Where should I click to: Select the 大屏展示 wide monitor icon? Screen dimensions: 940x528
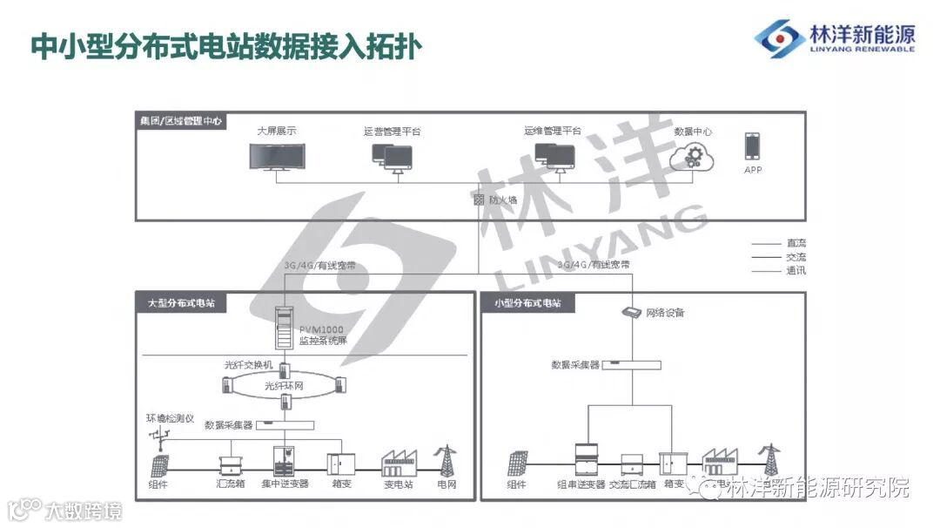278,157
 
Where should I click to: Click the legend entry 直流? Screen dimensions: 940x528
796,243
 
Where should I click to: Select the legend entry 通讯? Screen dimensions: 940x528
796,271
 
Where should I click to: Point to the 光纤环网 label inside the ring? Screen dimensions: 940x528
285,384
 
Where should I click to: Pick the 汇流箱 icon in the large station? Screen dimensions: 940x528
230,461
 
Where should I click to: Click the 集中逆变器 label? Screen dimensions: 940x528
285,484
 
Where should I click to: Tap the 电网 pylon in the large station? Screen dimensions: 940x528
446,461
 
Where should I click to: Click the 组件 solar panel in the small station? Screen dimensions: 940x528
517,462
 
